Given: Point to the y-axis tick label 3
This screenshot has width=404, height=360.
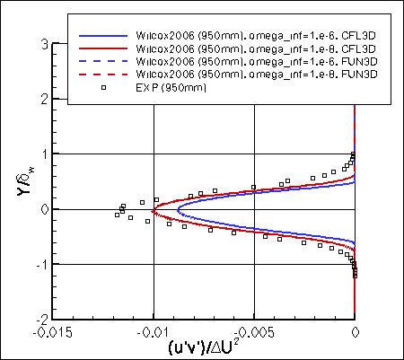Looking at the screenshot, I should tap(43, 44).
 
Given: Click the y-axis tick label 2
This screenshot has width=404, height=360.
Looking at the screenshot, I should tap(43, 99).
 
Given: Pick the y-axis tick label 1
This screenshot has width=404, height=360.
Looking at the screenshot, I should tap(43, 154).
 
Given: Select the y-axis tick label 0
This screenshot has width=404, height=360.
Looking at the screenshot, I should tap(43, 209).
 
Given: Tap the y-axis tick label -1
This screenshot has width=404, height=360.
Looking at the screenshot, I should tap(40, 264).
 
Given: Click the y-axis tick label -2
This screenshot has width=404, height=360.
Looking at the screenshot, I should tap(40, 319).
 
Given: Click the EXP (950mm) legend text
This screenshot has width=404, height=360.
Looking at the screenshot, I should tap(162, 88).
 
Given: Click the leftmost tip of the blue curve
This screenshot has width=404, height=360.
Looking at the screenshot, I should tap(178, 210).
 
